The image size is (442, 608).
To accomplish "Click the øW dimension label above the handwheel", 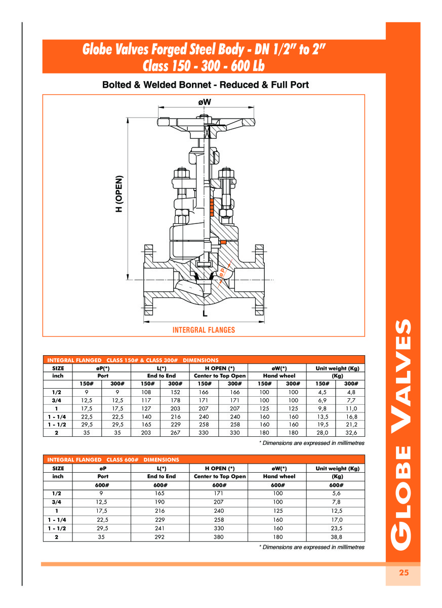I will pos(205,102).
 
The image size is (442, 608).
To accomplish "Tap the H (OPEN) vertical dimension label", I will pos(119,194).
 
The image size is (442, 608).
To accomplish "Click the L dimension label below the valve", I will pos(205,314).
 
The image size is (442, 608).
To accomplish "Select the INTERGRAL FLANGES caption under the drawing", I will pos(204,330).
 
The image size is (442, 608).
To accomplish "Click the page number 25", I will pos(404,573).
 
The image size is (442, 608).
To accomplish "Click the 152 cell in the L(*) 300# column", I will pos(175,392).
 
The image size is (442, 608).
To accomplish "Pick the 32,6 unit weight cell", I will pos(351,433).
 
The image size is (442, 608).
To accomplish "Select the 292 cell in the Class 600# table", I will pos(160,537).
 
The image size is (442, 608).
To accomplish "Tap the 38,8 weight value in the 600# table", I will pos(337,537).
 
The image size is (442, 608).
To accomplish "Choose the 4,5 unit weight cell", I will pos(322,392).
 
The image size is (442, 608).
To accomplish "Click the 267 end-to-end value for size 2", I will pos(175,433).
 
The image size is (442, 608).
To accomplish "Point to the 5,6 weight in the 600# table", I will pos(337,493).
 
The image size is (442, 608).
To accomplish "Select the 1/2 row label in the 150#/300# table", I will pos(57,392).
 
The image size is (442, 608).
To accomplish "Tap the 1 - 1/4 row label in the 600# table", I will pos(57,519).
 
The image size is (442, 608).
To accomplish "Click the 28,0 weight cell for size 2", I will pos(322,433).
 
